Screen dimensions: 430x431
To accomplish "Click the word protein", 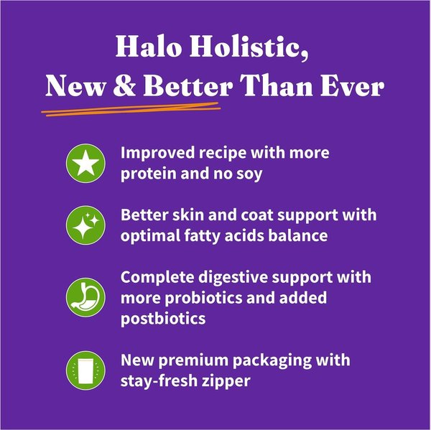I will tap(148, 173).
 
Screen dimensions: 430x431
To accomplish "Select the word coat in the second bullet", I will tap(256, 215).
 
